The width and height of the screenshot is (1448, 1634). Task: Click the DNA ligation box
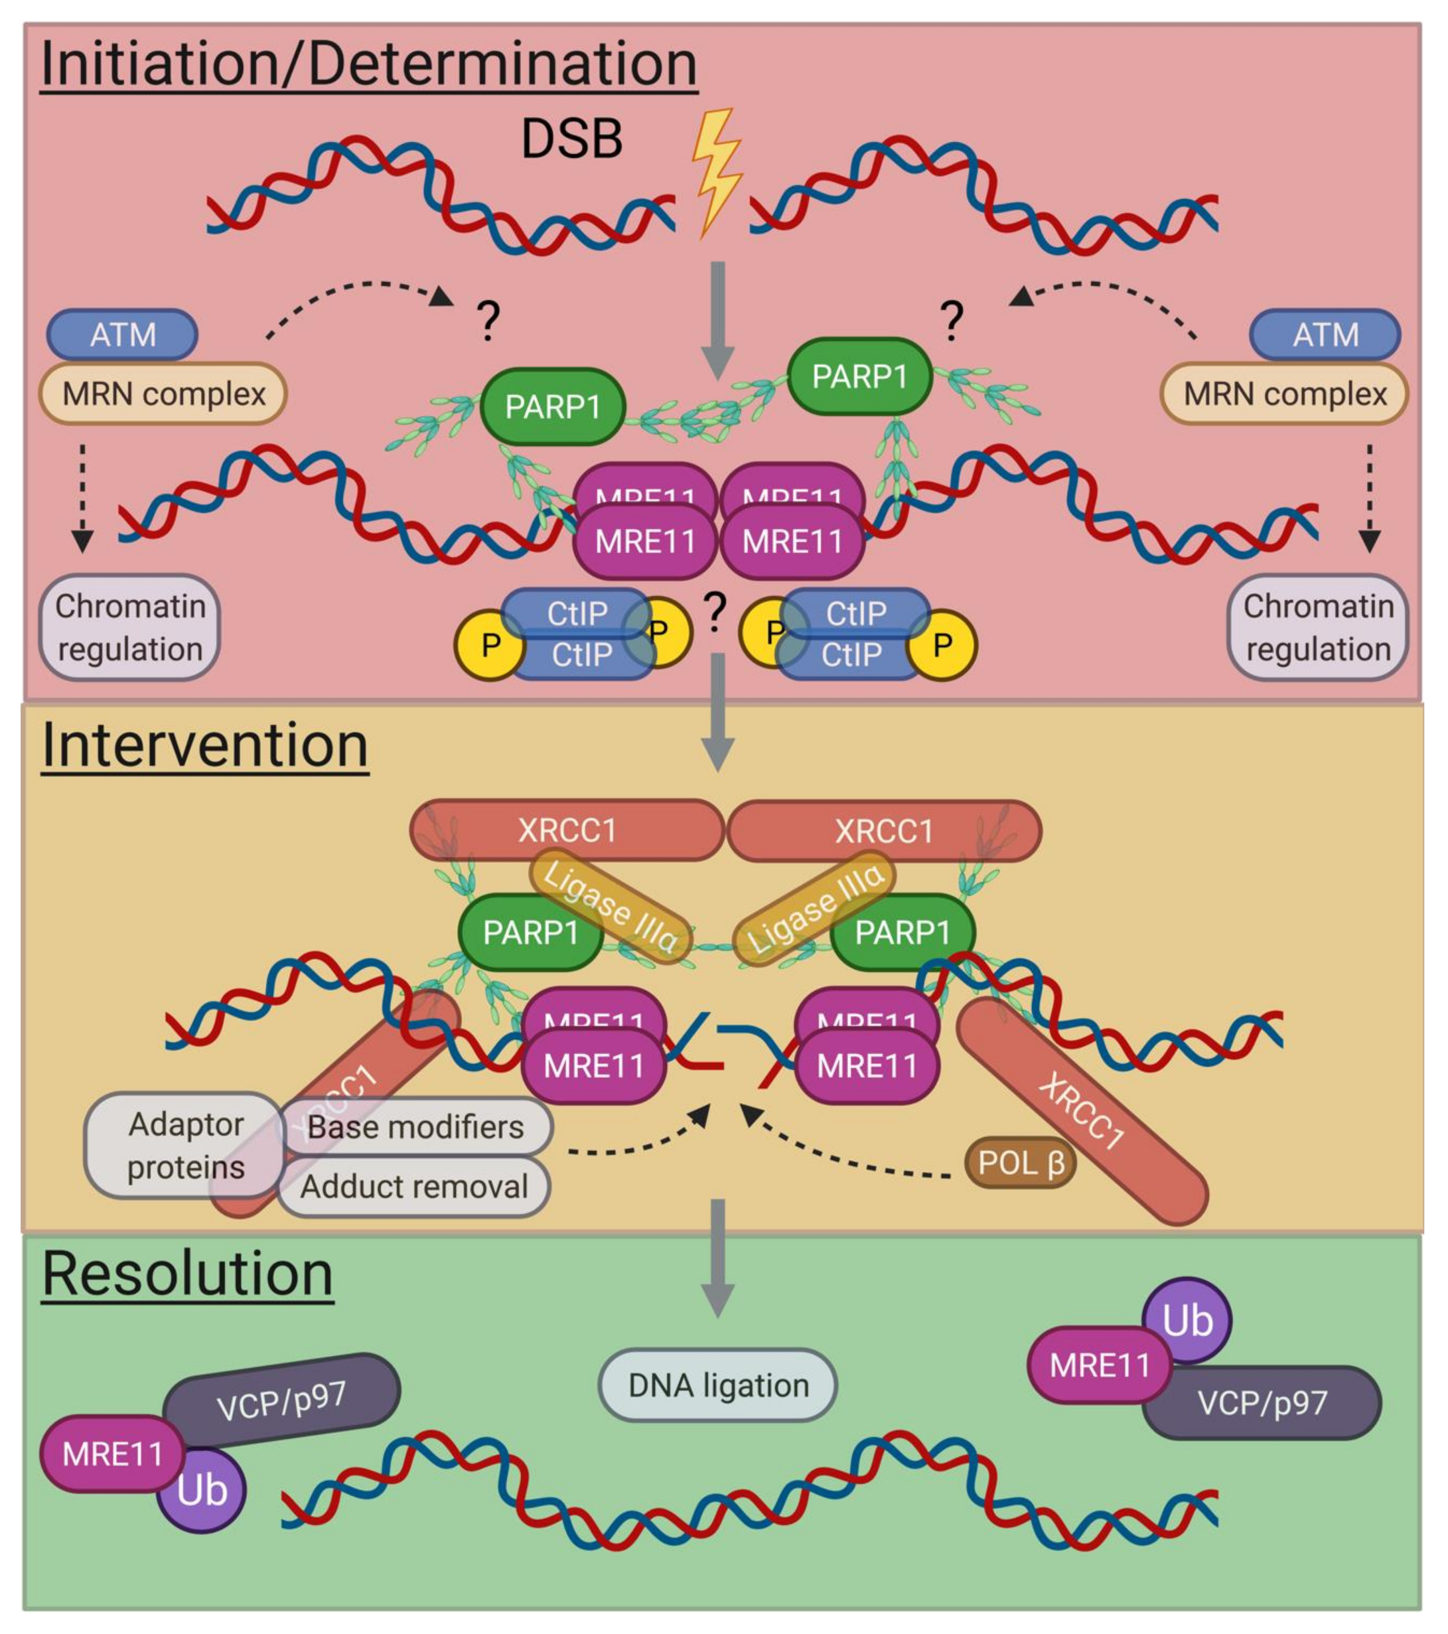pos(717,1385)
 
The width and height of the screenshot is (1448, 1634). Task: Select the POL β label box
pos(1019,1163)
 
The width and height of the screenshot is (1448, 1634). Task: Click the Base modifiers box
pos(415,1127)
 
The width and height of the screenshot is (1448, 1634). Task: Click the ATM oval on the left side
pos(122,334)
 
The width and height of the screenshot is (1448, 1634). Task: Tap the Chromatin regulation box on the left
pos(130,627)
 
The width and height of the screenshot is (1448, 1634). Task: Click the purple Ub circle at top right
pos(1187,1321)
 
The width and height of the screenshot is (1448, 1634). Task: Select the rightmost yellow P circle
pos(943,644)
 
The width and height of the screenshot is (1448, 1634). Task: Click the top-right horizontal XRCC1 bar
pos(884,831)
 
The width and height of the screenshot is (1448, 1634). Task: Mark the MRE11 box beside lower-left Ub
pos(112,1454)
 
